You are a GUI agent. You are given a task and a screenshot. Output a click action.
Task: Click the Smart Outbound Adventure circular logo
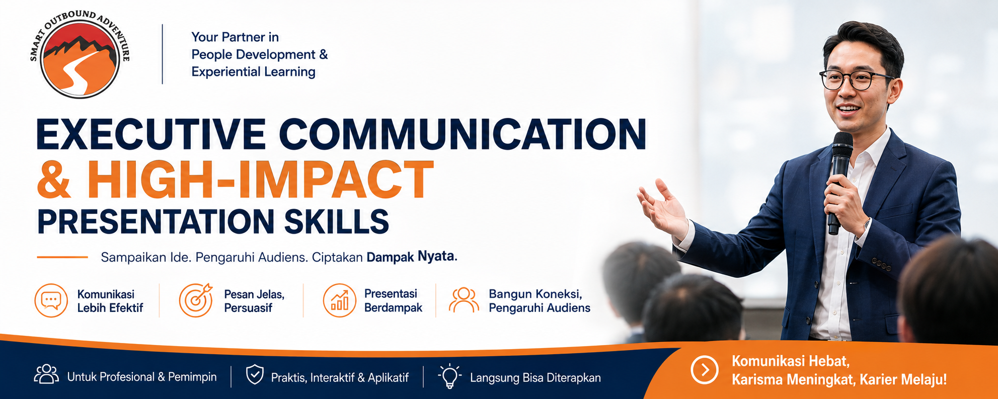point(80,54)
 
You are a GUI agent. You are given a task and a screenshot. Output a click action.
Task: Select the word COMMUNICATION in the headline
point(463,134)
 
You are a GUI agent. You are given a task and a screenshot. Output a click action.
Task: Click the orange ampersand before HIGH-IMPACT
point(54,180)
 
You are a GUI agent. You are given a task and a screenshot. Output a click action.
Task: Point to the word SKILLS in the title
point(337,221)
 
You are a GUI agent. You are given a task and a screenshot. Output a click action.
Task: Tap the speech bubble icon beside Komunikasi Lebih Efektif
point(51,300)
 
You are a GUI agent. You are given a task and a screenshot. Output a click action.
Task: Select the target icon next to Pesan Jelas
point(196,300)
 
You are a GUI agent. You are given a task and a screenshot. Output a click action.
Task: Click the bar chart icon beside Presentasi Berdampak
point(339,300)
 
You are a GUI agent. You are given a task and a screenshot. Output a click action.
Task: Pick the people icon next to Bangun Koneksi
point(464,300)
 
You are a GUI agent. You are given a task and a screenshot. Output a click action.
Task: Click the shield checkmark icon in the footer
point(255,375)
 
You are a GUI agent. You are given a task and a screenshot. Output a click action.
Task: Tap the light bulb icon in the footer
point(449,376)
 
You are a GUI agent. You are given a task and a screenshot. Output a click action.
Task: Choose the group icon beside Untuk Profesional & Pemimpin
point(46,374)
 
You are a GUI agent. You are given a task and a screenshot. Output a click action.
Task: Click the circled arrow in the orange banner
point(705,370)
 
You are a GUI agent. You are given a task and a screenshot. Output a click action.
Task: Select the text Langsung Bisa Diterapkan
point(535,378)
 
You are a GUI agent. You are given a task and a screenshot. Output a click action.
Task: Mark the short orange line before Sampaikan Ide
point(62,257)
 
